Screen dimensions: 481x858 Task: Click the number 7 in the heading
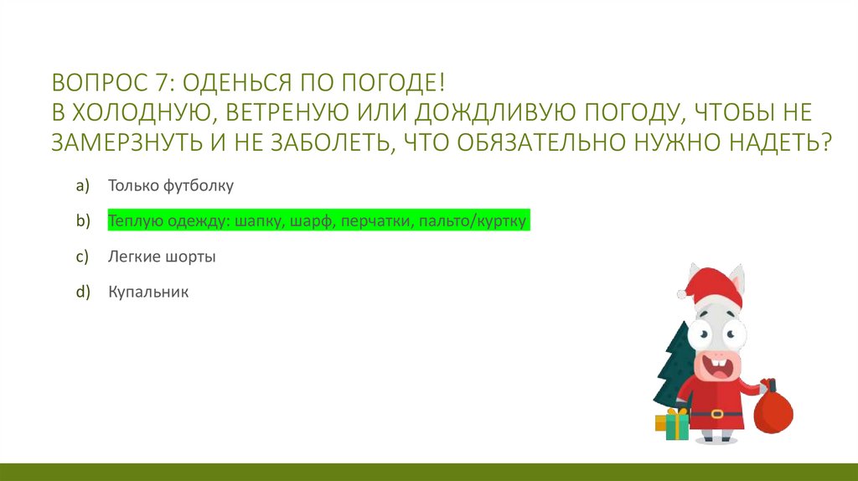pyautogui.click(x=160, y=85)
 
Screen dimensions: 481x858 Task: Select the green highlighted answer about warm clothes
pyautogui.click(x=318, y=221)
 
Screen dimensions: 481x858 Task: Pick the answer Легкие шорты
pyautogui.click(x=162, y=257)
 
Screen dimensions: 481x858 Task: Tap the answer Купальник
pyautogui.click(x=148, y=292)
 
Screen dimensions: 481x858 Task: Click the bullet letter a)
pyautogui.click(x=81, y=185)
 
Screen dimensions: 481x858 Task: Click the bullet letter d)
pyautogui.click(x=81, y=292)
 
